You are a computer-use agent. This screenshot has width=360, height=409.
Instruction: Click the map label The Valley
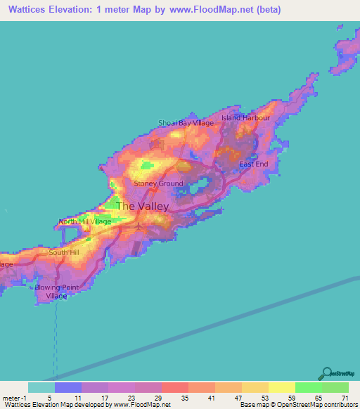[142, 207]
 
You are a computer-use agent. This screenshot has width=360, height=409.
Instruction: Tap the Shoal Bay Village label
[186, 123]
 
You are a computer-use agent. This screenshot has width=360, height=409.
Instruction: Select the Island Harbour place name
[245, 117]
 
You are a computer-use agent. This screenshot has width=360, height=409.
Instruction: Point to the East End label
[254, 164]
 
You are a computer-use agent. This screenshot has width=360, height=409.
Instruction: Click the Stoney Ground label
[159, 184]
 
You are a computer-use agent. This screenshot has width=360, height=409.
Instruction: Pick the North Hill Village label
[85, 221]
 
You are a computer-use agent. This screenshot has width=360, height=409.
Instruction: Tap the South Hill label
[64, 252]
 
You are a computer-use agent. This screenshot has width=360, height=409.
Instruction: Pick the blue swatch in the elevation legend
[68, 387]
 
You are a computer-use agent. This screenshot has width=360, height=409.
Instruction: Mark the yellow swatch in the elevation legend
[281, 387]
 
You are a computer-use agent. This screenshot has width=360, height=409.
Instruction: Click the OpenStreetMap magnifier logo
[326, 373]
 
